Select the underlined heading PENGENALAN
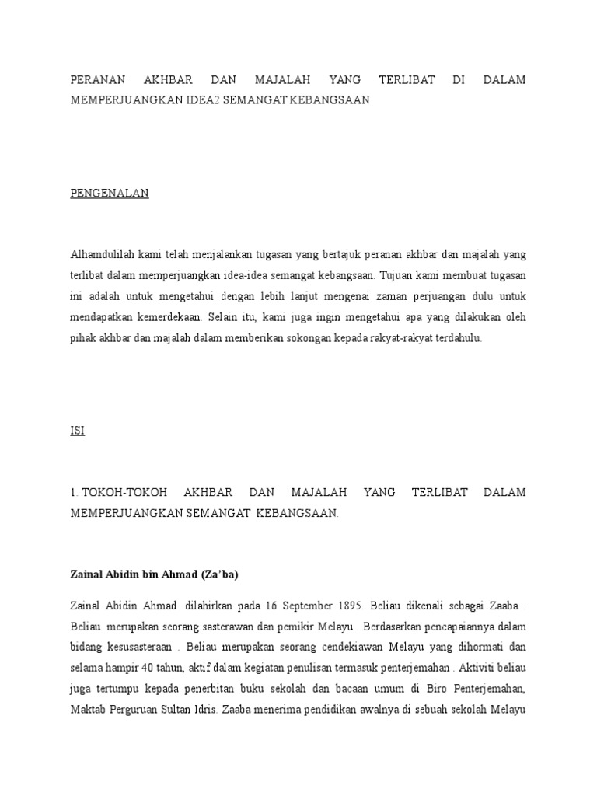pyautogui.click(x=110, y=194)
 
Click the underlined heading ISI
pyautogui.click(x=77, y=431)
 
